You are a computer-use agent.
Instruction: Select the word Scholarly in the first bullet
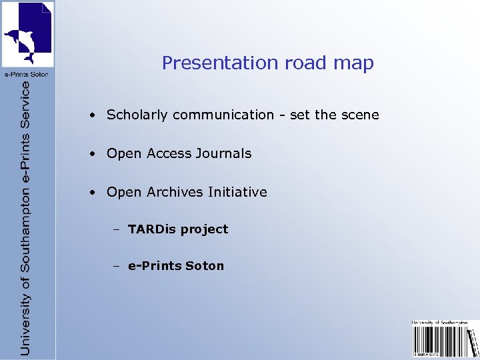coord(137,115)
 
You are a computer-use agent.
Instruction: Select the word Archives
coord(175,192)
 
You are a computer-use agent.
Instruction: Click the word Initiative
coord(237,192)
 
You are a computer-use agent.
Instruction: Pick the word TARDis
coord(152,229)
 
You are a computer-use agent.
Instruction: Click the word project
coord(204,230)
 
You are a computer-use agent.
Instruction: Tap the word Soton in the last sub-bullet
coord(205,266)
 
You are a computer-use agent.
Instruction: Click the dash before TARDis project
coord(116,229)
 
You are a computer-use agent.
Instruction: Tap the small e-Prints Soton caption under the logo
coord(27,74)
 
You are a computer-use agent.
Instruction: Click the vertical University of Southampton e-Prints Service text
coord(25,217)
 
